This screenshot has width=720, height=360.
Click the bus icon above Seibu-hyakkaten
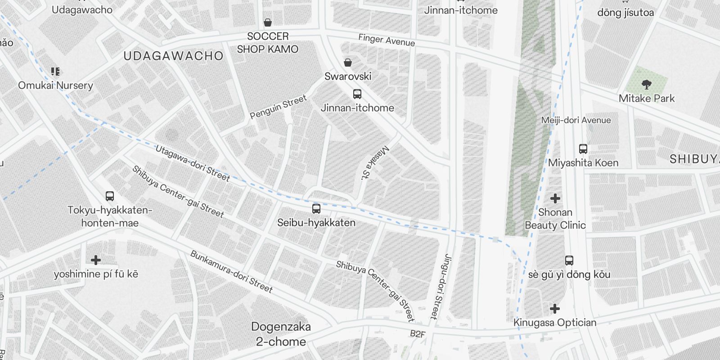point(316,209)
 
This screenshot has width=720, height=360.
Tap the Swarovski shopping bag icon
point(348,63)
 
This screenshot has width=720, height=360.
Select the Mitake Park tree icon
point(647,84)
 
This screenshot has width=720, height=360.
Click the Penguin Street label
point(278,107)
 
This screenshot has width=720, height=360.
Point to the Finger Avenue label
point(387,40)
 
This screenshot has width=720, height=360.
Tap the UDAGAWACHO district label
point(173,56)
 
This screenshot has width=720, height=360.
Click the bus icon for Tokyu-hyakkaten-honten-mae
point(110,196)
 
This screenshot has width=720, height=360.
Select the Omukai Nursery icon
point(55,72)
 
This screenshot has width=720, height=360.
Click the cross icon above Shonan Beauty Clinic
point(555,198)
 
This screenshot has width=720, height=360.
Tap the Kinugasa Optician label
point(555,323)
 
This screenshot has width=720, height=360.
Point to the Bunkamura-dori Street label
point(231,272)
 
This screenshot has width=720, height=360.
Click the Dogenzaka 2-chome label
point(281,334)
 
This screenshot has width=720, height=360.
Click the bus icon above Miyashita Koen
point(583,149)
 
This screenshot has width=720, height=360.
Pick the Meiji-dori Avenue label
point(576,120)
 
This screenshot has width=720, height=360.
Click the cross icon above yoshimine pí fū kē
point(96,260)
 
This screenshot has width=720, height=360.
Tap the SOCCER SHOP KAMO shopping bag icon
point(268,22)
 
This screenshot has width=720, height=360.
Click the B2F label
point(417,334)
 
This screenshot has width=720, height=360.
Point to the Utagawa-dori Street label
point(193,163)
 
